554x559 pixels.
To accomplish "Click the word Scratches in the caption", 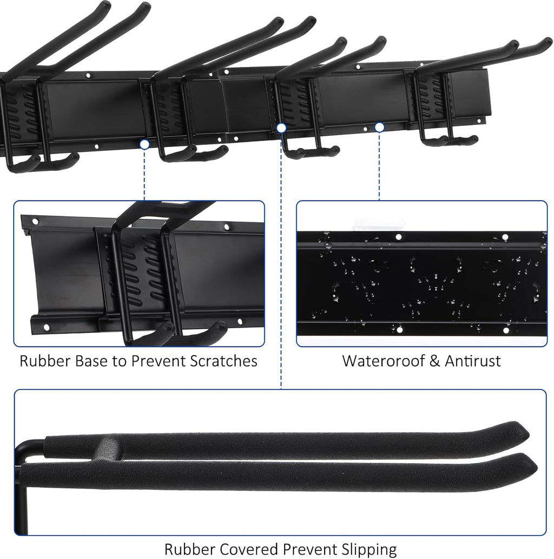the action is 223,361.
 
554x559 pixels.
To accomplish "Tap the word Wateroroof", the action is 383,361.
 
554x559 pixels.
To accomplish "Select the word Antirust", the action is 473,361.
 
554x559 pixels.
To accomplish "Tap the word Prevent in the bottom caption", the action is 310,549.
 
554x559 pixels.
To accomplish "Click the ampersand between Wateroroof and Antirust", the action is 434,361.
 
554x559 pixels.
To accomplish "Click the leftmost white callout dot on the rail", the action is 144,144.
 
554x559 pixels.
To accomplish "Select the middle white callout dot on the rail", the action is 281,128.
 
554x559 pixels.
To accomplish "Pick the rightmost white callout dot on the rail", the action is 379,127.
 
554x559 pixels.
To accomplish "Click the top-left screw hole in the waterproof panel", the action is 399,237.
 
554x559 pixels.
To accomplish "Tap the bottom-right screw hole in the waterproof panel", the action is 506,330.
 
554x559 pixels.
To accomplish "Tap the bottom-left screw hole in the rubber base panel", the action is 47,328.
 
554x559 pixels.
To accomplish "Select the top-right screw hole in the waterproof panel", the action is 505,237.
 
